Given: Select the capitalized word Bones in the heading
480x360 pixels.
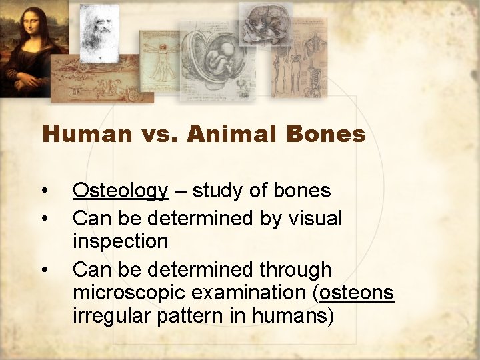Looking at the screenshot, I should [x=326, y=135].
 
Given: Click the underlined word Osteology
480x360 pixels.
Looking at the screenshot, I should [x=120, y=191].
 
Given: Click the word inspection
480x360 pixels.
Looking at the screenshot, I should [x=120, y=241].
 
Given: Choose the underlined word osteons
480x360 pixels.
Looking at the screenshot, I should [x=357, y=292].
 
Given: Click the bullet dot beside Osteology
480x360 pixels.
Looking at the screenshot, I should [x=44, y=192].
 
